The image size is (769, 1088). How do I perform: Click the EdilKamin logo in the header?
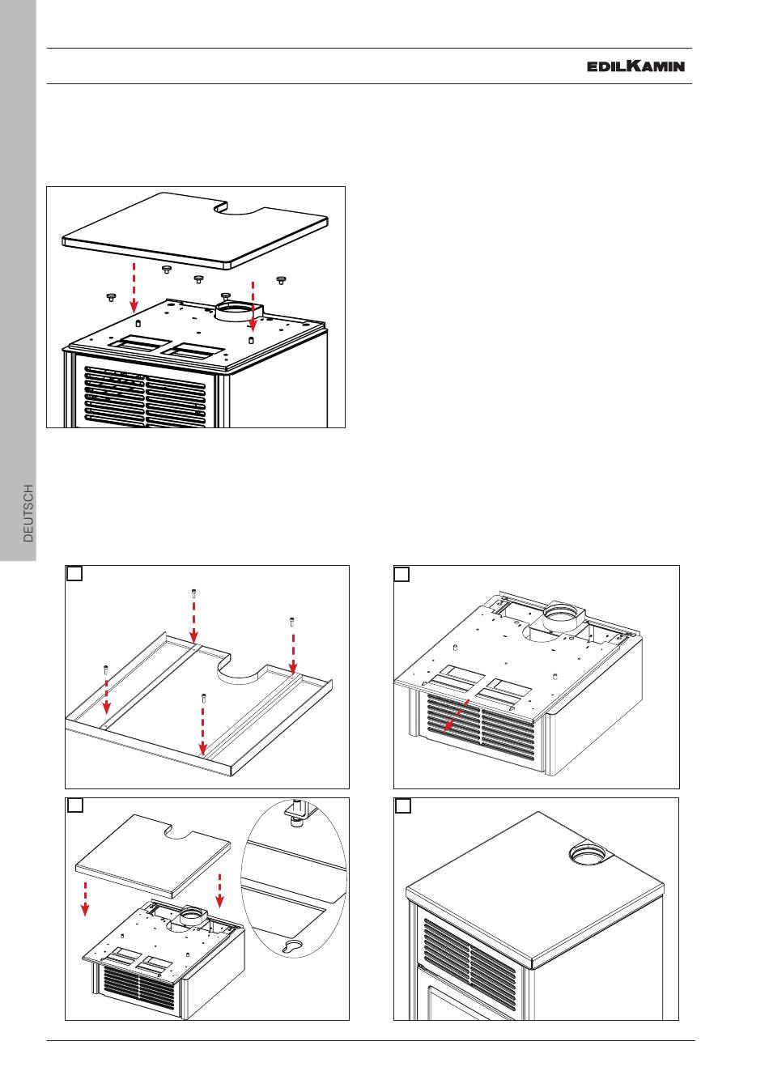635,66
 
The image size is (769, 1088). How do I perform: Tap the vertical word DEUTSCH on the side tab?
28,513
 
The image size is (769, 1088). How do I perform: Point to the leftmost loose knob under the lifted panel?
111,297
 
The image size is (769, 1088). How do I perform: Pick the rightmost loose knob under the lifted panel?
281,280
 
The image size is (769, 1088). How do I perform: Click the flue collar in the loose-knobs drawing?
235,312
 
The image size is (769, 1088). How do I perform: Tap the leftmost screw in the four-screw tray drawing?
105,669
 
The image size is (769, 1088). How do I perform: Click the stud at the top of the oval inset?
297,811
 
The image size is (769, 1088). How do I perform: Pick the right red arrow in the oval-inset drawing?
219,892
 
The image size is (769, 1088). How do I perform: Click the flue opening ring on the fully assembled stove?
584,852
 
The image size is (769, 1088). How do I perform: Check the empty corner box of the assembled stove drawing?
402,806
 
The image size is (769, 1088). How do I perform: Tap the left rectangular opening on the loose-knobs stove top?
139,344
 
